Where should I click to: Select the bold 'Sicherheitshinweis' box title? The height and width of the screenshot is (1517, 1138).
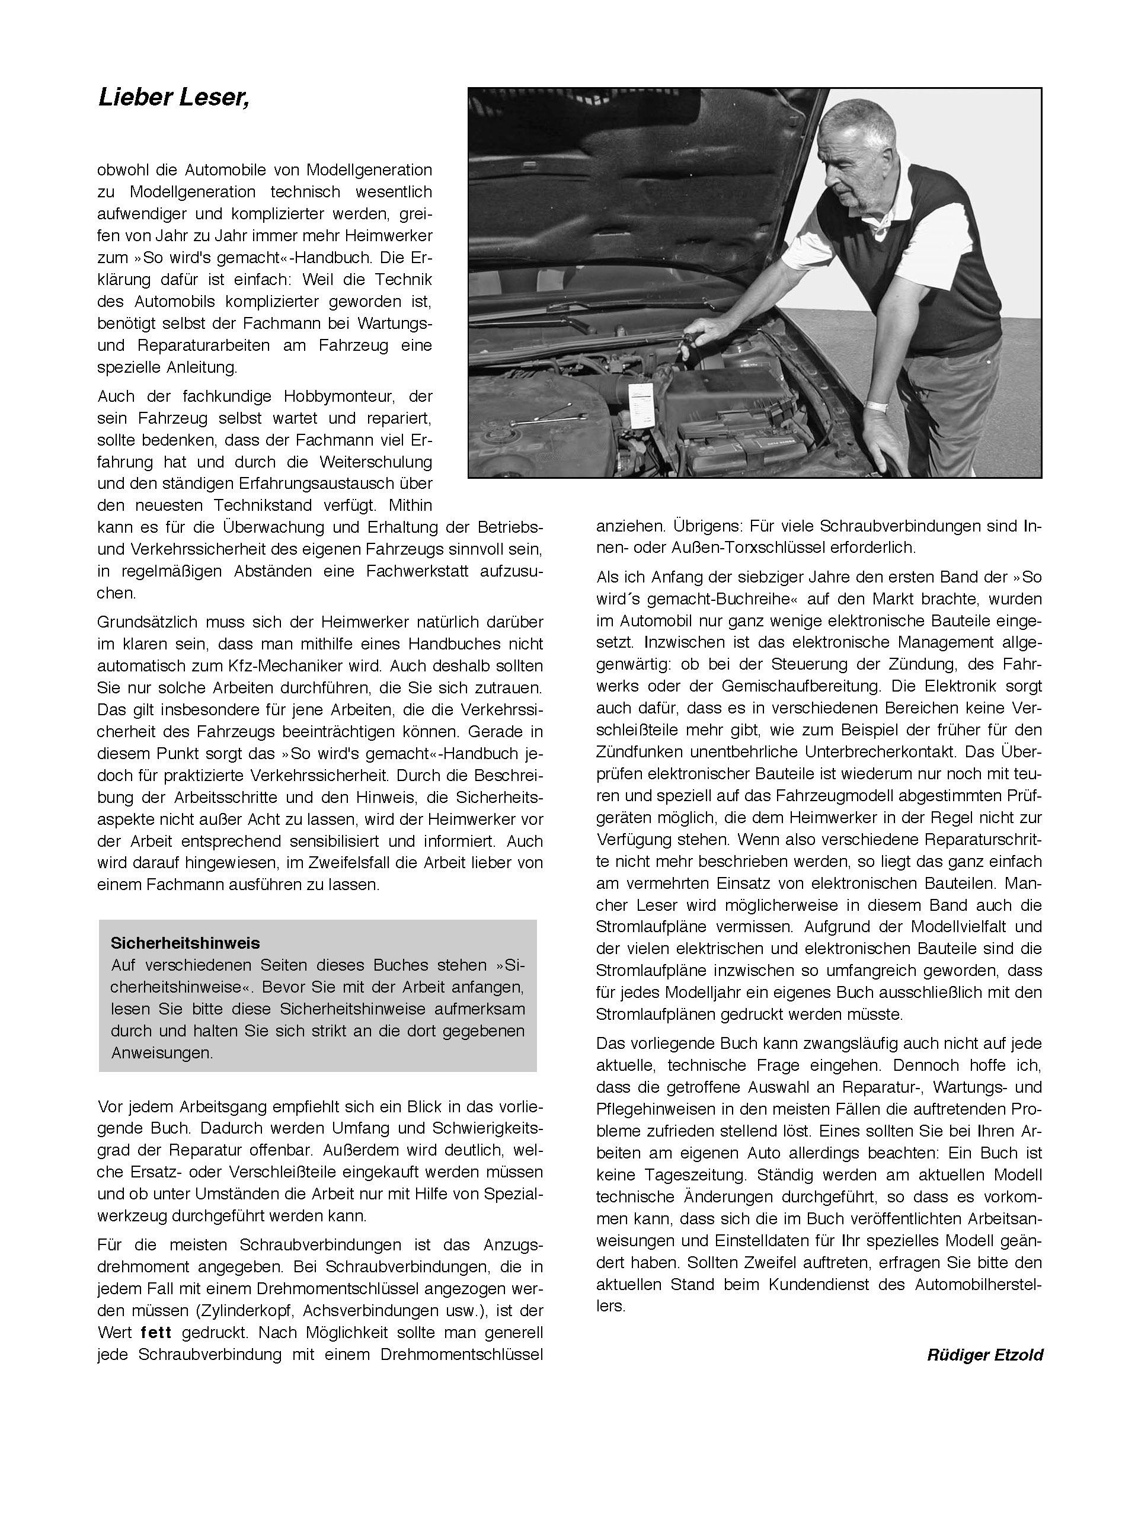185,943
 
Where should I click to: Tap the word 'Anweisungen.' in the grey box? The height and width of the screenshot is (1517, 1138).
162,1052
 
